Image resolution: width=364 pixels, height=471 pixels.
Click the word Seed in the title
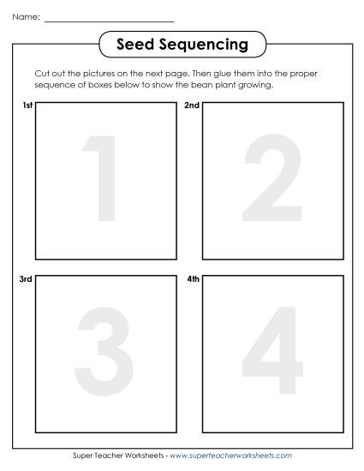tap(135, 44)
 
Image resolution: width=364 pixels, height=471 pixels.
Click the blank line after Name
tap(108, 18)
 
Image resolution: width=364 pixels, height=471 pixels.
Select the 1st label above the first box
tap(26, 106)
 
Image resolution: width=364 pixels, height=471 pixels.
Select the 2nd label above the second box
tap(192, 106)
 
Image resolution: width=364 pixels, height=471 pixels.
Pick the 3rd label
tap(26, 279)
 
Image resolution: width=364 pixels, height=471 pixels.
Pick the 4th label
tap(192, 279)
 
